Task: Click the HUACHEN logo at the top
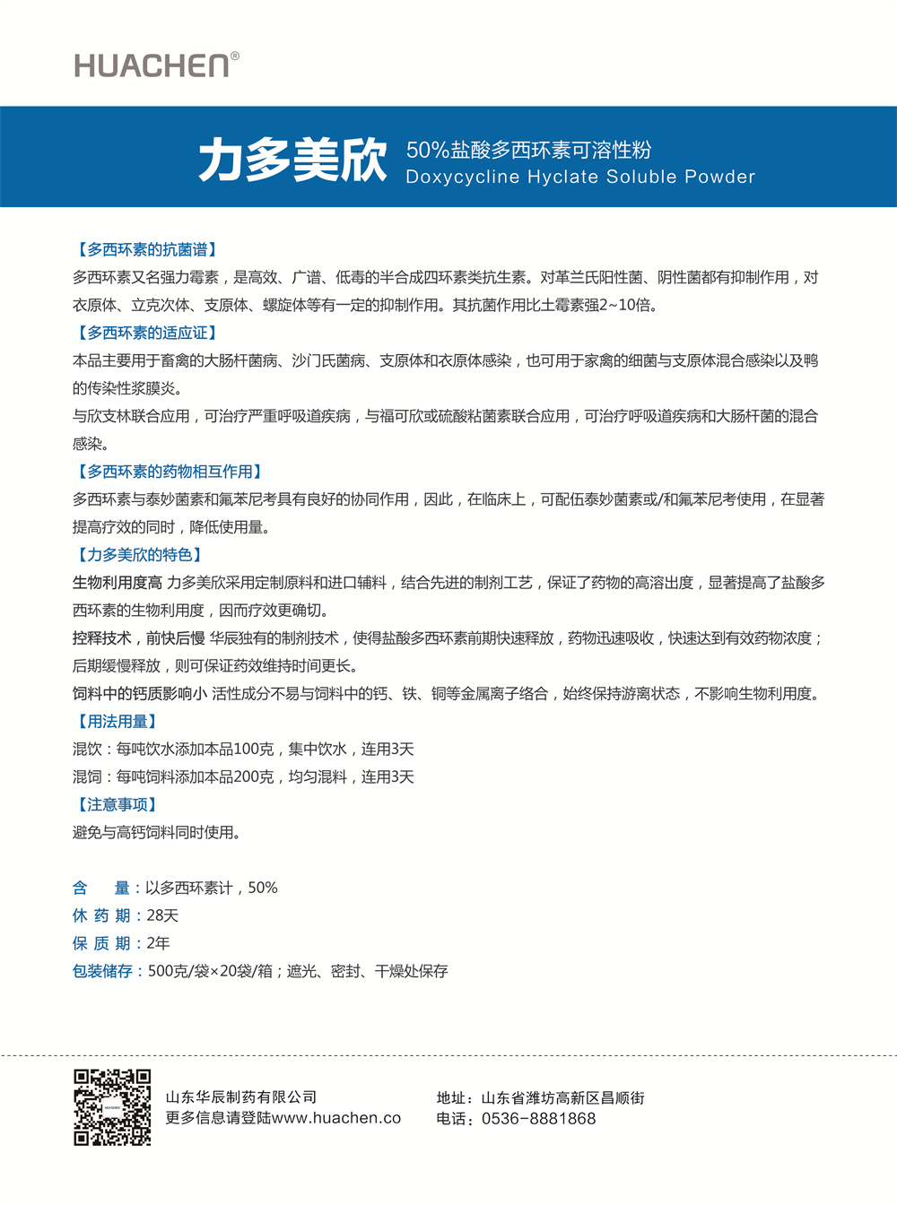click(152, 65)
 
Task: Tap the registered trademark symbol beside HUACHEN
click(235, 56)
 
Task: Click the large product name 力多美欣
click(292, 160)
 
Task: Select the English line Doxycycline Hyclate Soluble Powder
click(580, 177)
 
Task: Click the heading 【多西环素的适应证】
click(146, 333)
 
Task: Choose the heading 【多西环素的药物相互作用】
click(169, 472)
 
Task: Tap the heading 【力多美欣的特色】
click(139, 555)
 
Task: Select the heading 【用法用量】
click(117, 722)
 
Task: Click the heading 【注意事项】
click(117, 805)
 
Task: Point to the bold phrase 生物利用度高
click(118, 583)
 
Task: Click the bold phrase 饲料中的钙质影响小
click(140, 694)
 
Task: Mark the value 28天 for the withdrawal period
click(162, 915)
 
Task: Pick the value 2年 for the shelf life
click(158, 943)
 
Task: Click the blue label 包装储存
click(102, 971)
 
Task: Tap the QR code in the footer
click(112, 1107)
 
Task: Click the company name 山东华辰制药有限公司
click(241, 1097)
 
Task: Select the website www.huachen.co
click(336, 1118)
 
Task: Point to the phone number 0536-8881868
click(538, 1119)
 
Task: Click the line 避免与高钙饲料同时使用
click(156, 833)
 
